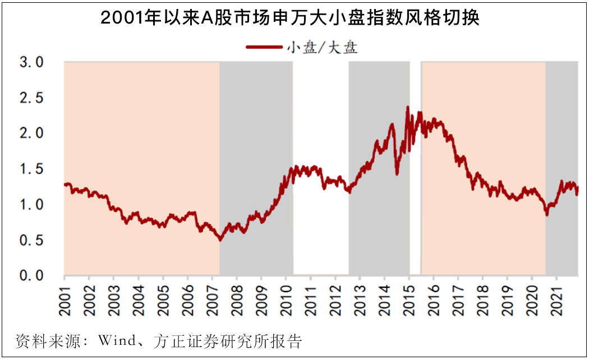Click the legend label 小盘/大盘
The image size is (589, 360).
click(x=322, y=48)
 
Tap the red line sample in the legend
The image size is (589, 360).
click(x=264, y=48)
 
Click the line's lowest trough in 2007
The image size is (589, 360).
click(x=220, y=240)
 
